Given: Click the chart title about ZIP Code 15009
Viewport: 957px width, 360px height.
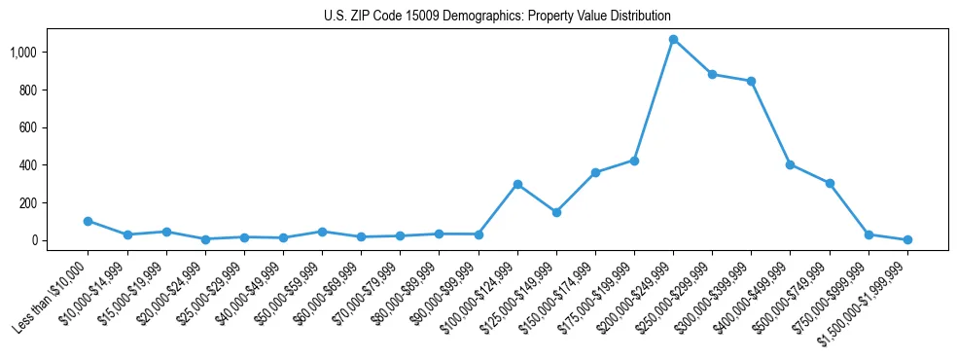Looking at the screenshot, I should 497,17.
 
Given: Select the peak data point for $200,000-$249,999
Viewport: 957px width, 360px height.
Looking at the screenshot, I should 673,40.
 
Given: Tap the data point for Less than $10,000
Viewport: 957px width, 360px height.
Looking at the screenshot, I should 89,221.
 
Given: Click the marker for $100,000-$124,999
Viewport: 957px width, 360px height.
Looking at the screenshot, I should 517,184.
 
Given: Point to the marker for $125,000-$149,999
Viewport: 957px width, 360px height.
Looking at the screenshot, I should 556,212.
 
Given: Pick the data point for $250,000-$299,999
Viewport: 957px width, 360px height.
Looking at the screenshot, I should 712,74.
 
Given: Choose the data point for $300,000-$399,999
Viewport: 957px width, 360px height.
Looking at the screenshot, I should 751,81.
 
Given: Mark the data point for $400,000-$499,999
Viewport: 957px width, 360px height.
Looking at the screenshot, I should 791,164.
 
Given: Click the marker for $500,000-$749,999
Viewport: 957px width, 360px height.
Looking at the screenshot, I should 830,183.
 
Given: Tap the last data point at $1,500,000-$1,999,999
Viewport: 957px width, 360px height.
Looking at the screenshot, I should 907,239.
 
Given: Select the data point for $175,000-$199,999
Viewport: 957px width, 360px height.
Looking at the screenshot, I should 634,161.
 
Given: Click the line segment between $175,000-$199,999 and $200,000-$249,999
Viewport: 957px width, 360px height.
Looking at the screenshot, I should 654,100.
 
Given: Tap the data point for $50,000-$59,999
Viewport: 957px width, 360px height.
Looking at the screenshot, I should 322,232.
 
